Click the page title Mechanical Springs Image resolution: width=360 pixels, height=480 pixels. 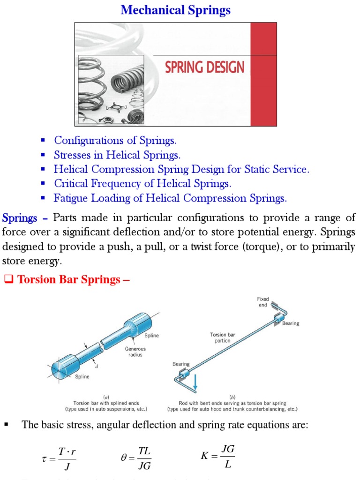click(x=176, y=10)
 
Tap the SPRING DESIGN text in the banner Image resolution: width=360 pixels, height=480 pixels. click(x=204, y=67)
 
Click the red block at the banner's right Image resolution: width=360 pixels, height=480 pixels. click(x=264, y=74)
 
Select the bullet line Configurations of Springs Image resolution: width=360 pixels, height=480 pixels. click(x=115, y=140)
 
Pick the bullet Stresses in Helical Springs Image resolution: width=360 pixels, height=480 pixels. click(x=117, y=155)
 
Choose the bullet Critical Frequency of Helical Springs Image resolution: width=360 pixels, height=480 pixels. click(x=142, y=184)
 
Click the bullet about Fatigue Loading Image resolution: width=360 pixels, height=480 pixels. click(x=170, y=198)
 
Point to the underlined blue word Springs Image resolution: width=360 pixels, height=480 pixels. click(x=20, y=218)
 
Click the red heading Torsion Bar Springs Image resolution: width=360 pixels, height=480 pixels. click(x=73, y=280)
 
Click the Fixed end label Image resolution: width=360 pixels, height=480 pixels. click(x=262, y=302)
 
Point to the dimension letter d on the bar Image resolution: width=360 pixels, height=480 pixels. click(x=97, y=367)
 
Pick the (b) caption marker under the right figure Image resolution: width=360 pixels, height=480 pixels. click(x=239, y=396)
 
